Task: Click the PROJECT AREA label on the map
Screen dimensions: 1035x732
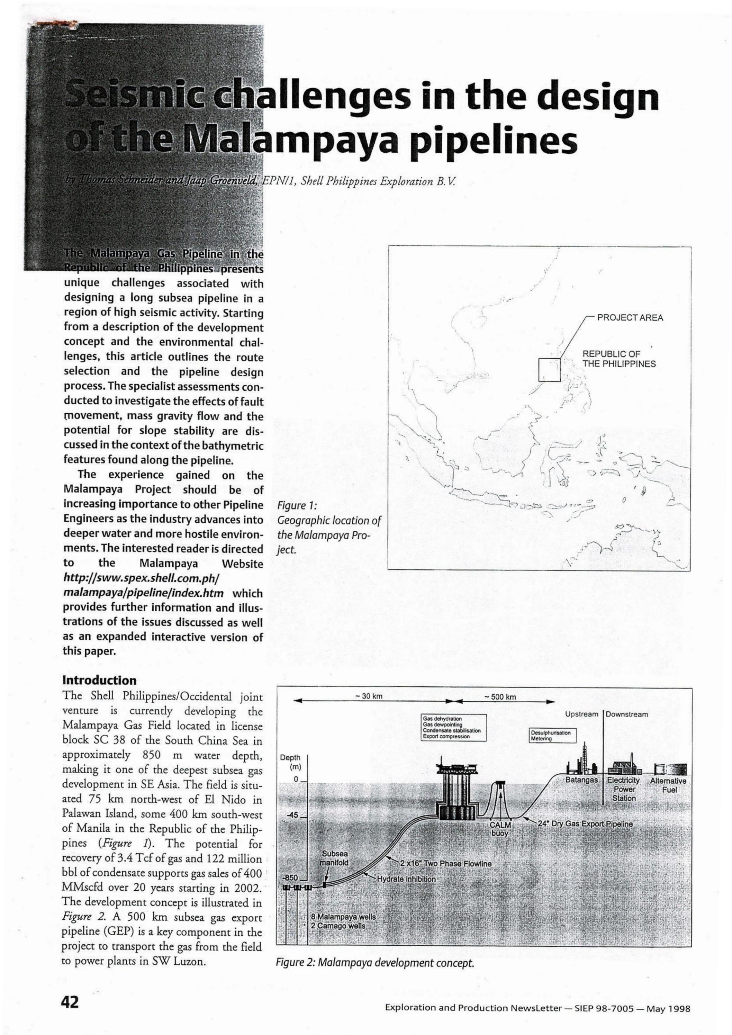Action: (x=630, y=318)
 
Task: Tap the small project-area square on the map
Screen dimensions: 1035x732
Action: (x=549, y=370)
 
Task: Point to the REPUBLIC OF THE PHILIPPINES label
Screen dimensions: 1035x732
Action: (x=619, y=359)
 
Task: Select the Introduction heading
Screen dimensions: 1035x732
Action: (x=99, y=680)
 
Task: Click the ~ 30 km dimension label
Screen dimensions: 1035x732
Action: (x=370, y=696)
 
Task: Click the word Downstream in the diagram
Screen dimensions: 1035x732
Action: (x=627, y=714)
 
